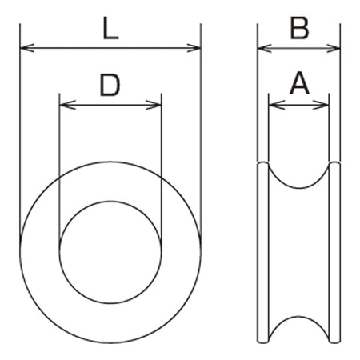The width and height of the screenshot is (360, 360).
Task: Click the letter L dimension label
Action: [x=110, y=28]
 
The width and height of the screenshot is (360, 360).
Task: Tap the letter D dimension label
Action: [x=110, y=85]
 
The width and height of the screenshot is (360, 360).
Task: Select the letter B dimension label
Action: [x=299, y=28]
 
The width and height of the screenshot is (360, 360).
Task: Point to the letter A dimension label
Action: [x=299, y=83]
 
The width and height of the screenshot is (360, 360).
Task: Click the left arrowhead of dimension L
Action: [x=27, y=48]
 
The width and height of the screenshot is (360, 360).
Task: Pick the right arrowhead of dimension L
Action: [x=194, y=48]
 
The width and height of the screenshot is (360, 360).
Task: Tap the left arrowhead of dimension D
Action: [x=68, y=105]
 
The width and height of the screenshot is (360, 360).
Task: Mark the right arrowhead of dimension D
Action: [x=154, y=105]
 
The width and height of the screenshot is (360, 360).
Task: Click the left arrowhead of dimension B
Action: [x=265, y=48]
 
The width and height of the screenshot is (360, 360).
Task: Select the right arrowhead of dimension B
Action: [x=334, y=48]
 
